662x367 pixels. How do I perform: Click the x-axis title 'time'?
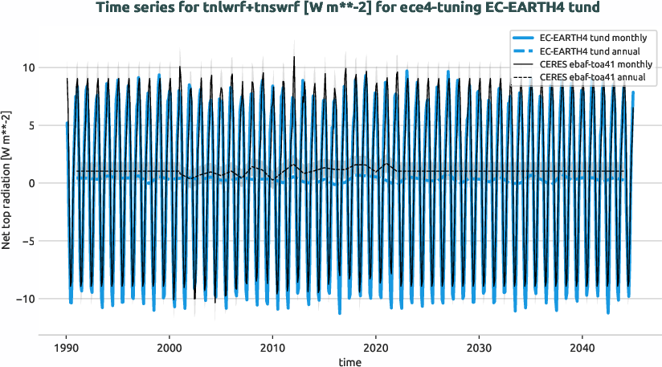click(x=349, y=362)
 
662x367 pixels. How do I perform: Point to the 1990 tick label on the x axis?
click(x=66, y=349)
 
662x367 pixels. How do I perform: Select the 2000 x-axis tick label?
click(x=170, y=349)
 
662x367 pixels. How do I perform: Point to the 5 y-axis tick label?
click(x=30, y=126)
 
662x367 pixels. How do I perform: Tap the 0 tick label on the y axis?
click(x=30, y=183)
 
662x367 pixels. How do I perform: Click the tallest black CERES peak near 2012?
click(x=294, y=57)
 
